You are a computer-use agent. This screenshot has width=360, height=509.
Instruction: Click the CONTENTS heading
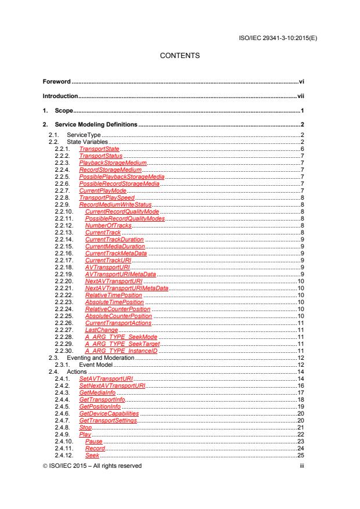[x=179, y=56]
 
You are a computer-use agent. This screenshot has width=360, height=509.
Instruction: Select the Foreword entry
[x=59, y=82]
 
